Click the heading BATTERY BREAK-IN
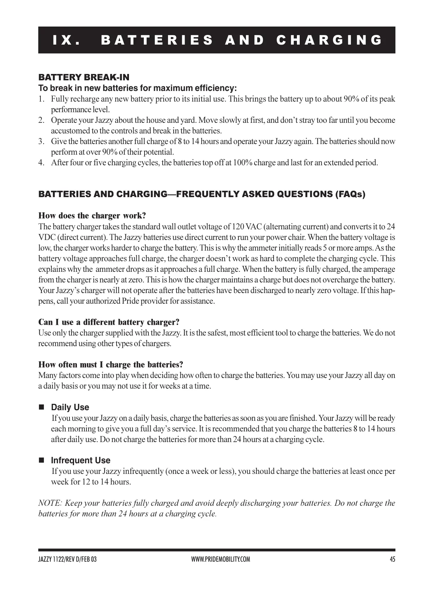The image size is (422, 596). tap(84, 77)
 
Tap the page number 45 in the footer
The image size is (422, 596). tap(392, 560)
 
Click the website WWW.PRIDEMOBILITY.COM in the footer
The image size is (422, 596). tap(220, 560)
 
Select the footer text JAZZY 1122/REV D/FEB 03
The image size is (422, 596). tap(67, 560)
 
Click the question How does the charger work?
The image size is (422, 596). tap(92, 216)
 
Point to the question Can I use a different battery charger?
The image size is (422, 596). tap(109, 322)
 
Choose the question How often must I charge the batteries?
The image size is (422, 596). tap(111, 365)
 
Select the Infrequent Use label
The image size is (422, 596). tap(81, 460)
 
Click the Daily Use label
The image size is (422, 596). tap(70, 407)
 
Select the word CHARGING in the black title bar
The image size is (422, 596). tap(329, 40)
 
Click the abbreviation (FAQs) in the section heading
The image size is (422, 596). tap(350, 194)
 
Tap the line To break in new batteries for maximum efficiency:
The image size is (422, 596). tap(137, 88)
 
